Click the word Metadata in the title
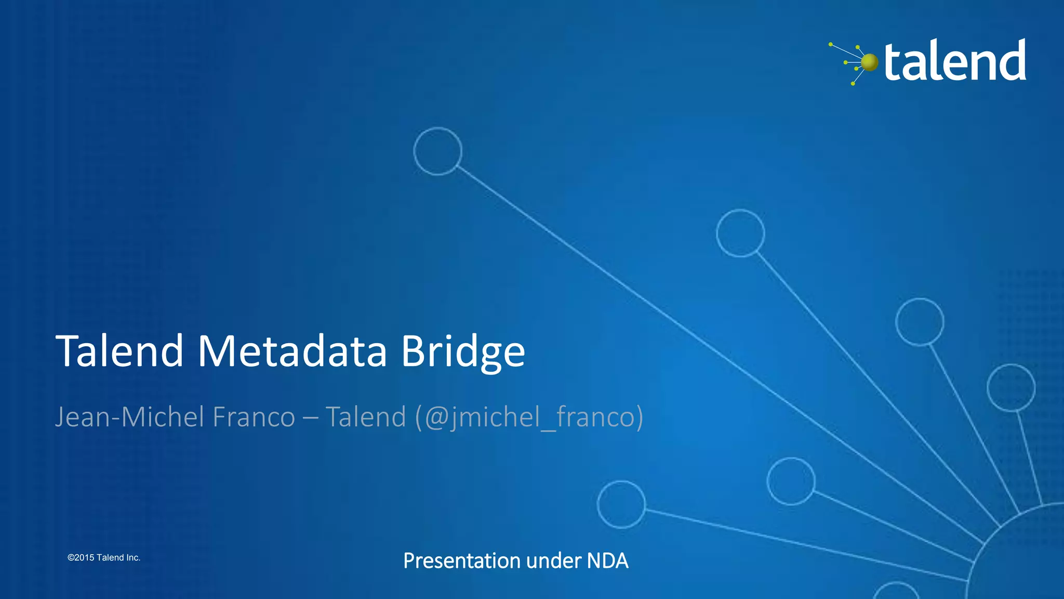[292, 351]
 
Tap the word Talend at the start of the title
[119, 351]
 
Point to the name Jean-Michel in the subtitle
[130, 417]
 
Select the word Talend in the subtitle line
[365, 417]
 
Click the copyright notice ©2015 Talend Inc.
[104, 557]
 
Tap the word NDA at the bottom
[607, 561]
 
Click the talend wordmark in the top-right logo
[955, 61]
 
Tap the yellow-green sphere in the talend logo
[869, 62]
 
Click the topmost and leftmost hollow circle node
[437, 151]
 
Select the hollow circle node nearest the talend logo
[740, 233]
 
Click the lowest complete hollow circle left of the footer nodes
[621, 504]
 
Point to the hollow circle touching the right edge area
[1010, 388]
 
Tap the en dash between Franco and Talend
[310, 418]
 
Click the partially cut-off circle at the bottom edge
[896, 593]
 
